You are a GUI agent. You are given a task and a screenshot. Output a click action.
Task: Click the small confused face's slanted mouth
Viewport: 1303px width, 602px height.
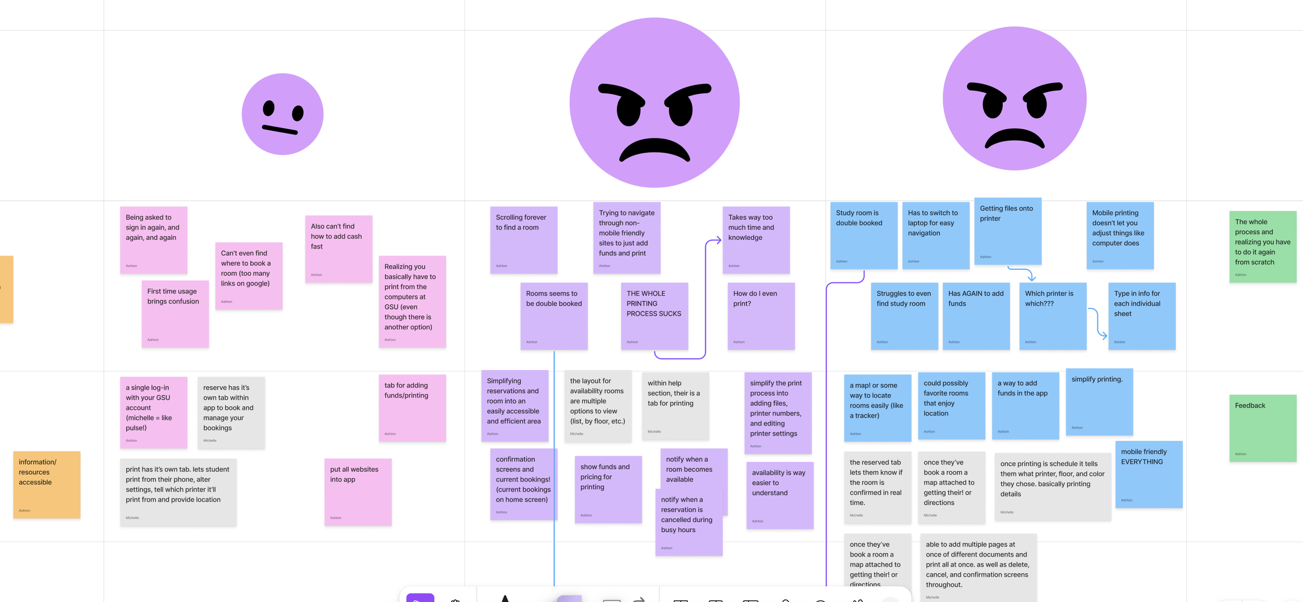280,130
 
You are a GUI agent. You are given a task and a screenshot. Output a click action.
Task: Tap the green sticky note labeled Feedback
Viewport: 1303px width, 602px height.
1262,428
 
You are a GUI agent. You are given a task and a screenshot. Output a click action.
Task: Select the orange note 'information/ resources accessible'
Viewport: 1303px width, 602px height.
46,485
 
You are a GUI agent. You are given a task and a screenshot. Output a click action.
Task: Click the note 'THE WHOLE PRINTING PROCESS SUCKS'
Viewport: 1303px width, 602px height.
654,316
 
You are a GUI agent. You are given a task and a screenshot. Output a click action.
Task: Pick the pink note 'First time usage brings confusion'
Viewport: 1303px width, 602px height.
175,314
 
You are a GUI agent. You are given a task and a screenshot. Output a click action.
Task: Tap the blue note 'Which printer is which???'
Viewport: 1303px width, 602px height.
1052,316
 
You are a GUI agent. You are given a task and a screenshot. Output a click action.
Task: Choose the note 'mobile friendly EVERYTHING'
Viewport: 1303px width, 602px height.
1149,475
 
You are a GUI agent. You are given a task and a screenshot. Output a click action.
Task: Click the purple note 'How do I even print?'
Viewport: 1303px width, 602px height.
761,316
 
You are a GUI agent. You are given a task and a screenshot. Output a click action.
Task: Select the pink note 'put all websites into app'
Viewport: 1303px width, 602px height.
358,492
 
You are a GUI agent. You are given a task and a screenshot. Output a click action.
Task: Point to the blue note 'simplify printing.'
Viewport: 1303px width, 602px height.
1099,402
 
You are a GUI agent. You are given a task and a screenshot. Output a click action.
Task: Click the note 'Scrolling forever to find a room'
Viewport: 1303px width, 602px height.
523,240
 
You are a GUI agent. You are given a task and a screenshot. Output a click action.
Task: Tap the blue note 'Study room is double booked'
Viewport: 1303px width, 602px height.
864,236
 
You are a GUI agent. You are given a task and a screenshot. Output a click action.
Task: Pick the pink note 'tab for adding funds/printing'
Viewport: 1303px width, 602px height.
412,408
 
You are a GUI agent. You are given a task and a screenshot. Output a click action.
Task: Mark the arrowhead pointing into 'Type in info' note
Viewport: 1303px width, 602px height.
1104,336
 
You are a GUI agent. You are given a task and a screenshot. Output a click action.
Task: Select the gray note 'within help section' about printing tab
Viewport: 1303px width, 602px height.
675,406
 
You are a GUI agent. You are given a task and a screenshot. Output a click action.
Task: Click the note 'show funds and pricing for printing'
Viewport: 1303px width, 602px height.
608,489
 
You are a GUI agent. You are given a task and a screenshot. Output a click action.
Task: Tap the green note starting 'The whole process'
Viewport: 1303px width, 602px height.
1262,247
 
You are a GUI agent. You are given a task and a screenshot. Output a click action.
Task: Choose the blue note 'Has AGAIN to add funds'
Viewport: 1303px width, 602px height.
976,316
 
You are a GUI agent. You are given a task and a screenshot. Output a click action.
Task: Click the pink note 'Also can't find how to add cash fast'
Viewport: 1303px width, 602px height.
338,249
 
